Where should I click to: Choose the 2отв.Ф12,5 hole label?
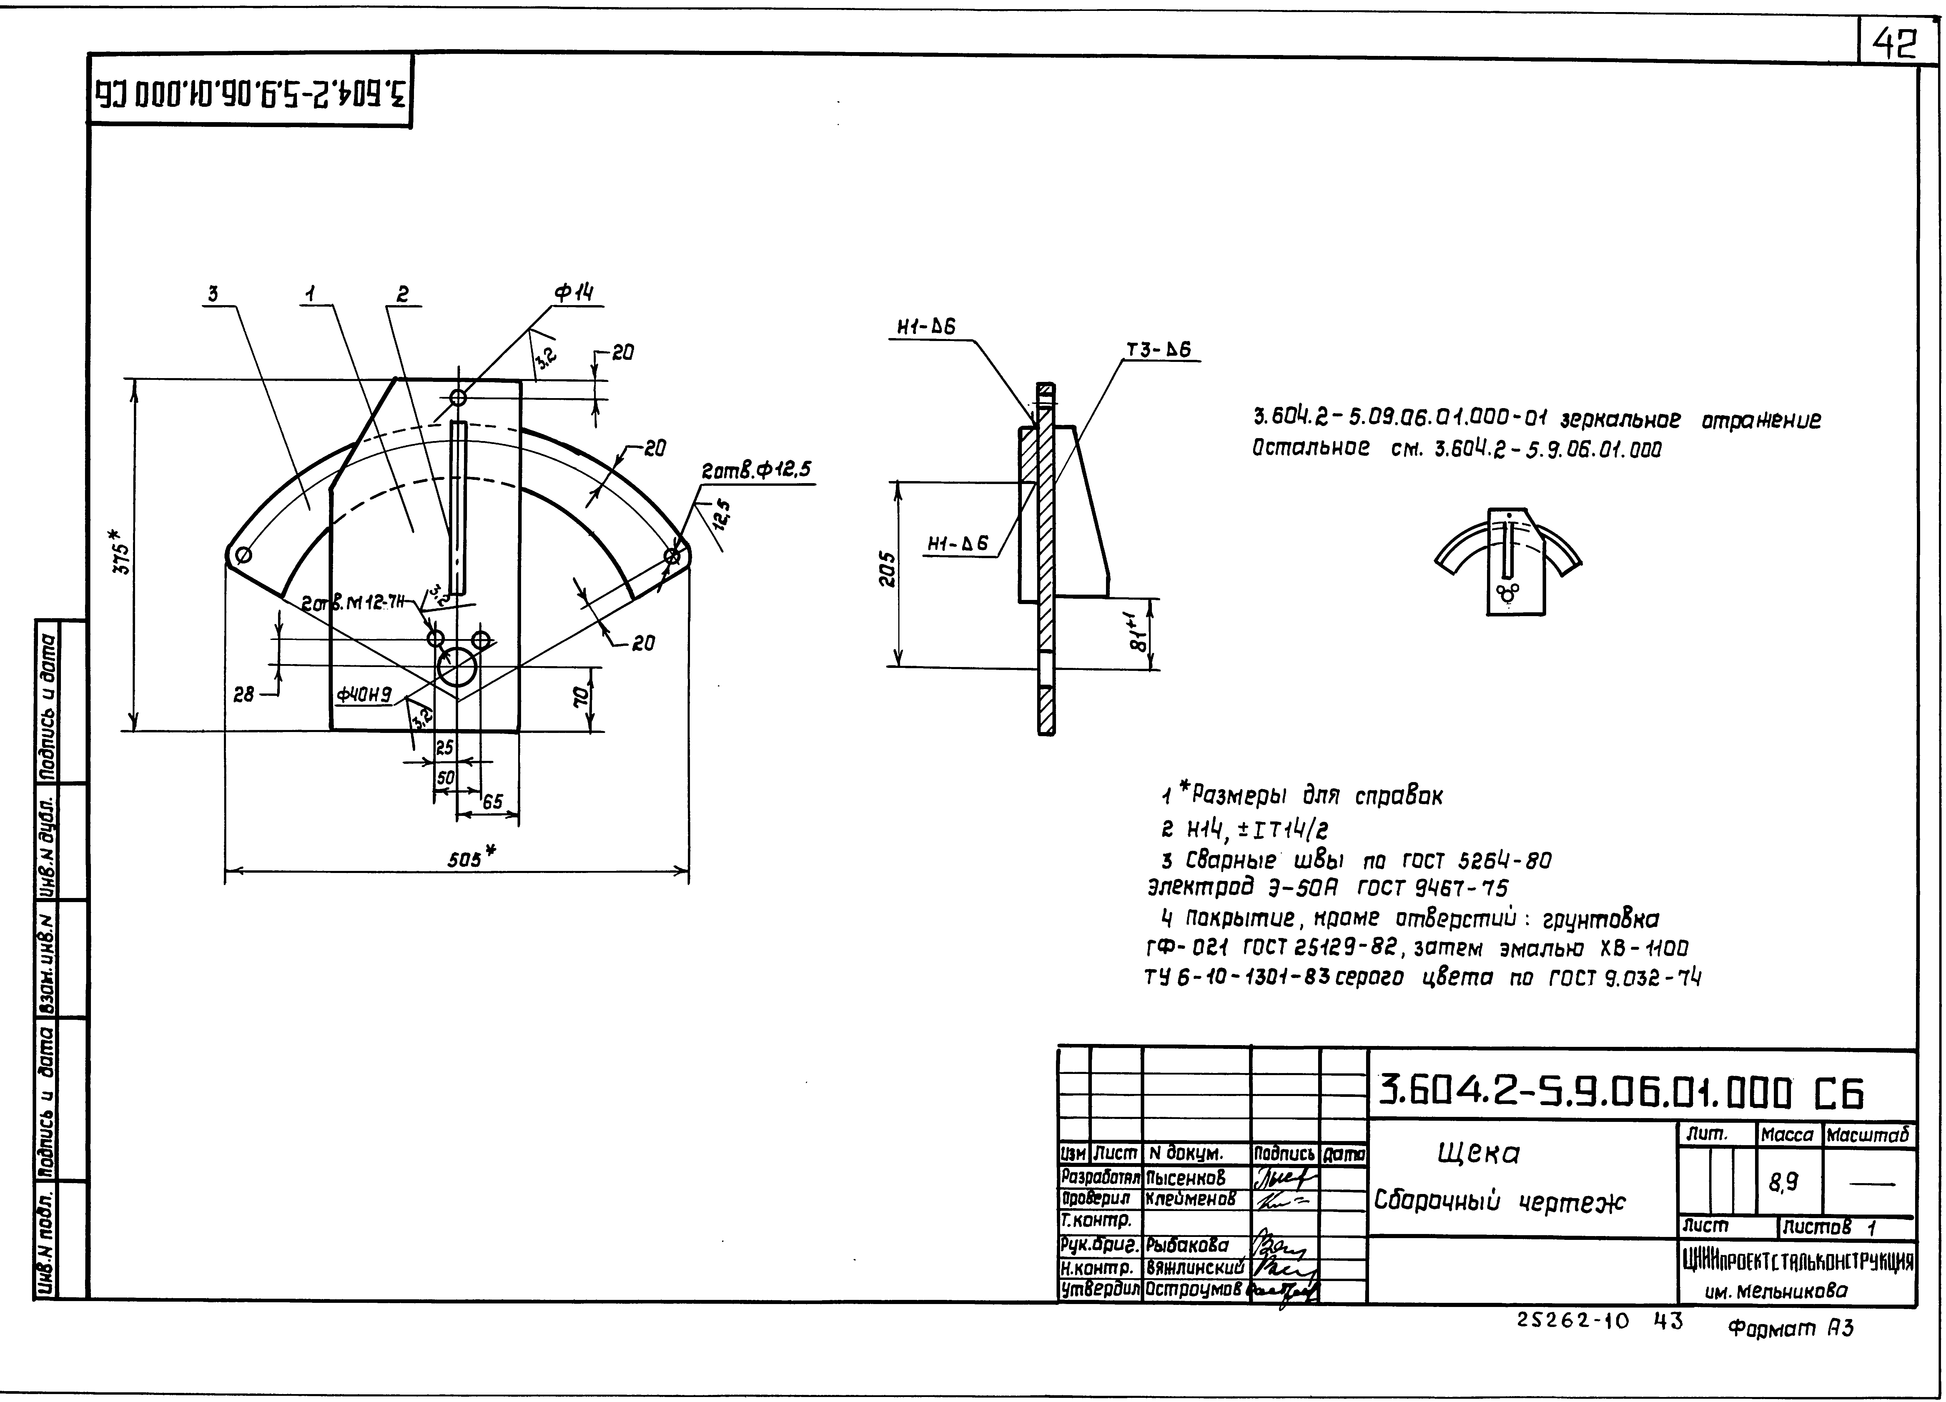tap(755, 470)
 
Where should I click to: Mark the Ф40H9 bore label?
tap(364, 695)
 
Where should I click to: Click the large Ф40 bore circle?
tap(457, 667)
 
